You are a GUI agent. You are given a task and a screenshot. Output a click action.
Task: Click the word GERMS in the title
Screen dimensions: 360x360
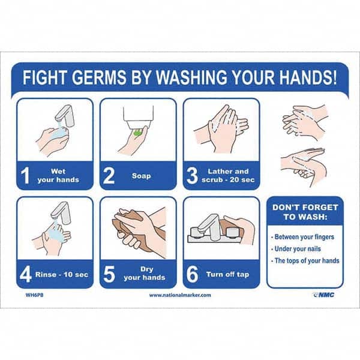100,77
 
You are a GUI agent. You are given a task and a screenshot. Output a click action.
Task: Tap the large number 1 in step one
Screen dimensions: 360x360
25,175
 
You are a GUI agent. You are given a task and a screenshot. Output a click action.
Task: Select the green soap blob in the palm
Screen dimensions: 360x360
137,133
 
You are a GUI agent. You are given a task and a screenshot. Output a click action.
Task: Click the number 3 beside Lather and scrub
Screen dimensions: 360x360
192,175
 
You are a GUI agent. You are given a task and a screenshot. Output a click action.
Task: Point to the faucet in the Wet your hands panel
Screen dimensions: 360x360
65,115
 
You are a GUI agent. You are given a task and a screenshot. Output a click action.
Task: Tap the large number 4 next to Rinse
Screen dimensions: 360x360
25,274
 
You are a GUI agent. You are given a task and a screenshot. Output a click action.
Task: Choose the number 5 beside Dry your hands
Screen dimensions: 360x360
109,274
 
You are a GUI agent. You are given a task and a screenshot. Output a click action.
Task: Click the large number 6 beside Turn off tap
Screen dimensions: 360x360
192,274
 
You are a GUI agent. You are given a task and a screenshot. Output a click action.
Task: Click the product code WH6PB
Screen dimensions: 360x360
34,295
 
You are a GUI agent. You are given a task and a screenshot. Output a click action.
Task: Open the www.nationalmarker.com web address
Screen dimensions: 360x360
180,295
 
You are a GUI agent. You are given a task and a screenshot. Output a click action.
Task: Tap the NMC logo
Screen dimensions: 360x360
324,295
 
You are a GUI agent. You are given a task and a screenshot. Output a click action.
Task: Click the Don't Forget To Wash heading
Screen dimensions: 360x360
305,212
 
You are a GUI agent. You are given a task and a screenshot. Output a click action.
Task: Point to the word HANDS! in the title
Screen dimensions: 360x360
308,77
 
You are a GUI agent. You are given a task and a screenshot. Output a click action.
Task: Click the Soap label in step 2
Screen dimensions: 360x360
142,176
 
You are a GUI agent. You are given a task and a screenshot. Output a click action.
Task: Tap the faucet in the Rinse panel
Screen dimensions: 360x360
60,213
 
